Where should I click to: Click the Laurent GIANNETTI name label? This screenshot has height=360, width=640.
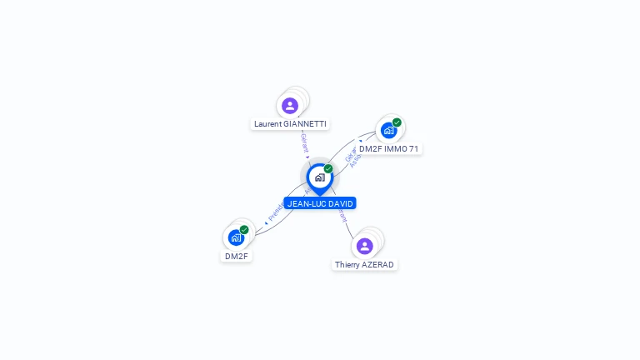point(290,123)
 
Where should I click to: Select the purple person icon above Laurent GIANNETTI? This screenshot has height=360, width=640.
point(290,106)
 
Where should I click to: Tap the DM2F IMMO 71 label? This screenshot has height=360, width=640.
point(389,148)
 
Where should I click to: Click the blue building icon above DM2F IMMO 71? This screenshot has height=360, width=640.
point(388,131)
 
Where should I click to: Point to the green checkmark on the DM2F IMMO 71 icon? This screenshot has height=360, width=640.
point(397,122)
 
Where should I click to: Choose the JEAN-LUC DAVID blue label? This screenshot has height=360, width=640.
point(320,203)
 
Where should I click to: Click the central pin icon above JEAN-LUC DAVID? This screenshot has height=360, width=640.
point(319,177)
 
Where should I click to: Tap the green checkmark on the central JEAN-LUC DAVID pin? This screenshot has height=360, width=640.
point(328,168)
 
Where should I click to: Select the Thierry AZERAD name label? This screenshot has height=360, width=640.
point(364,264)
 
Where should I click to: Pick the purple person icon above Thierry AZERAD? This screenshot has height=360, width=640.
point(364,246)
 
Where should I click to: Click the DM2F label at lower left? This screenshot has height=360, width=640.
point(236,256)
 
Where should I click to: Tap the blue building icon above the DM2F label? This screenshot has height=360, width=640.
point(236,238)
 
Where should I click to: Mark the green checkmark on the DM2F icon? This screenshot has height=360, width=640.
point(244,230)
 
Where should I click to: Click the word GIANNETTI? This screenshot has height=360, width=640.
point(305,123)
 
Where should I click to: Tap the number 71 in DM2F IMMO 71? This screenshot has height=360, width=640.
point(412,148)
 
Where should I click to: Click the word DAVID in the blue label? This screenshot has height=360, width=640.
point(340,203)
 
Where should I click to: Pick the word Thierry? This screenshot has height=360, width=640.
point(347,264)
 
